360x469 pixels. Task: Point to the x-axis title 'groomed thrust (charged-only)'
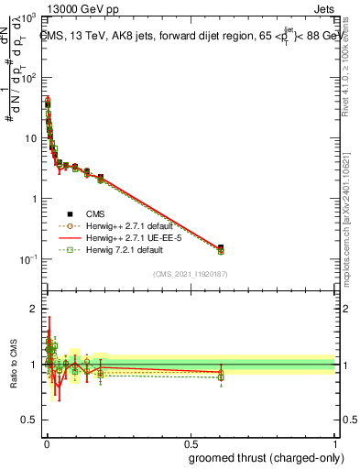(x=261, y=457)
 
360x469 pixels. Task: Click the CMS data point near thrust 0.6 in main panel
(x=221, y=247)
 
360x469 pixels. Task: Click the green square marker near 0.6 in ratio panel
(x=221, y=376)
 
